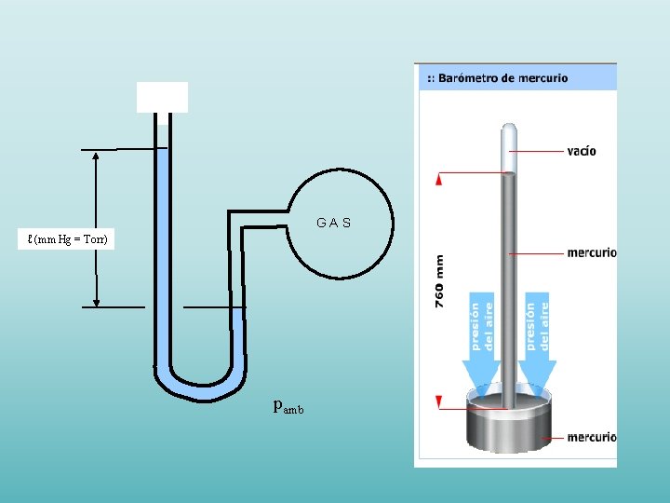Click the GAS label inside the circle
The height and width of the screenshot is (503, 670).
click(x=333, y=224)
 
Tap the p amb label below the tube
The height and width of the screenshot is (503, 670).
click(x=288, y=407)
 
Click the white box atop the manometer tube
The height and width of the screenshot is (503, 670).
click(x=162, y=97)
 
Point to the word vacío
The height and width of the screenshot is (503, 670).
click(x=582, y=151)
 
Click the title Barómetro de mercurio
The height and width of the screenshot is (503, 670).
click(x=502, y=78)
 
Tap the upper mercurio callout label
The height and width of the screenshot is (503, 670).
click(x=591, y=252)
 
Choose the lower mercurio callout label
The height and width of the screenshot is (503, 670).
click(x=591, y=437)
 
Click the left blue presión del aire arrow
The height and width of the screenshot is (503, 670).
click(x=480, y=345)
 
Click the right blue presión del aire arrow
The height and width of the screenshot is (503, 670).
click(x=537, y=345)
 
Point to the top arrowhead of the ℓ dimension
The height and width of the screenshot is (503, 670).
click(x=97, y=156)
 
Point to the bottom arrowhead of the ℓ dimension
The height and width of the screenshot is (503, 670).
click(x=97, y=300)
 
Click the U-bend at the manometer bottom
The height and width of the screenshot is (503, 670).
click(x=200, y=387)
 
